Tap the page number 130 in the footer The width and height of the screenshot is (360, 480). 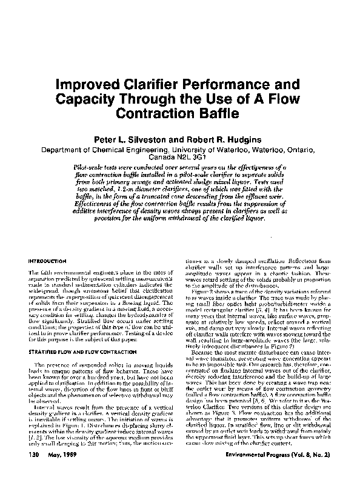(x=34, y=454)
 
